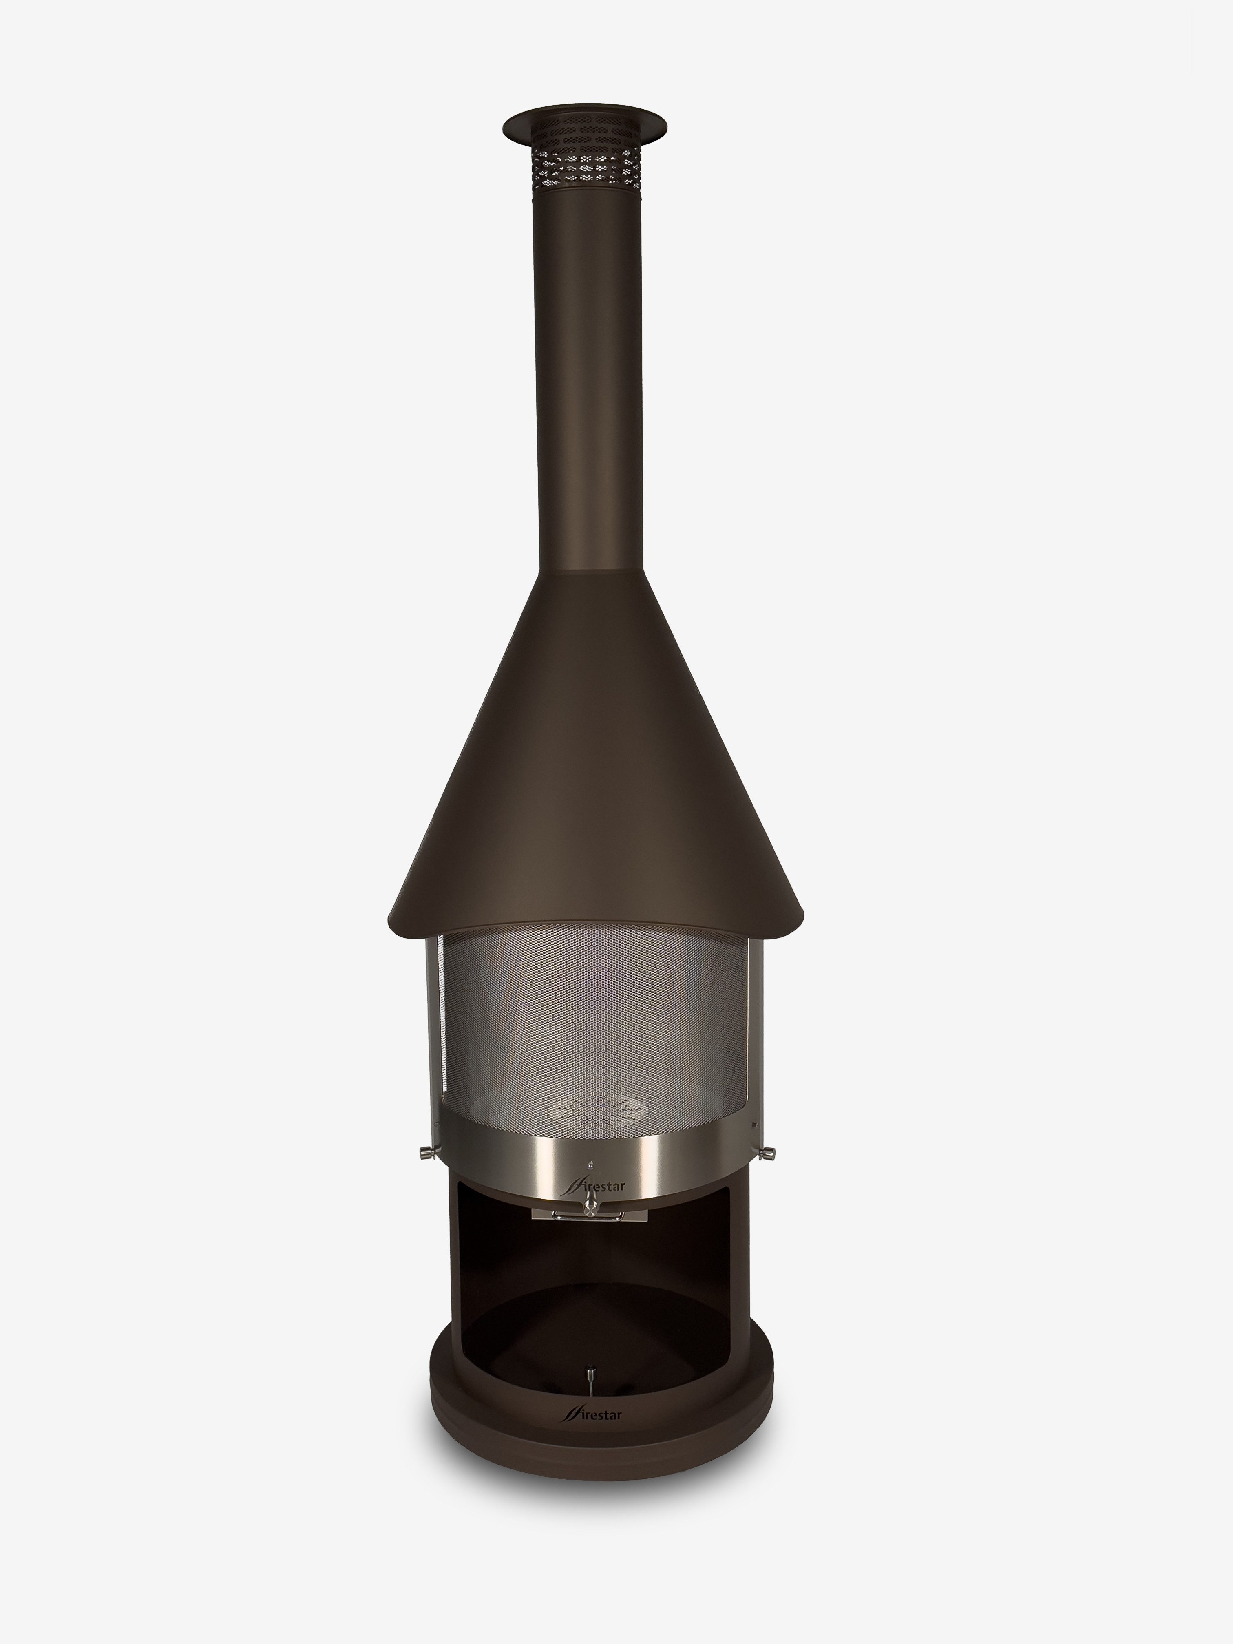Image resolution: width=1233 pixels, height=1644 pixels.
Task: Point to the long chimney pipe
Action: [586, 371]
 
